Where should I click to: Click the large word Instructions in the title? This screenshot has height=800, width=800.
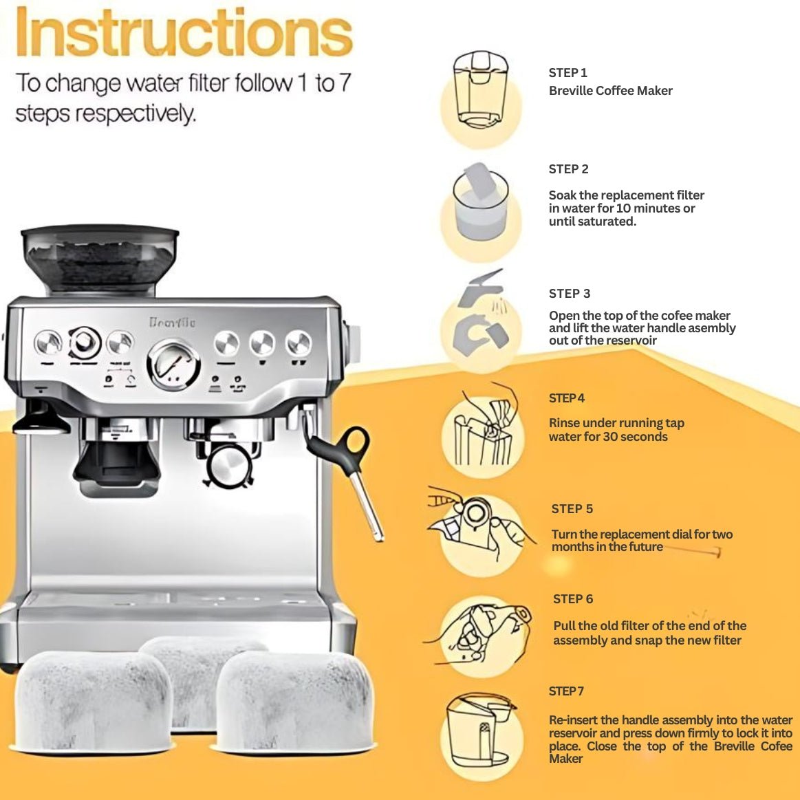tap(184, 32)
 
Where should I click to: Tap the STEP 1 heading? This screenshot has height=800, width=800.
tap(568, 73)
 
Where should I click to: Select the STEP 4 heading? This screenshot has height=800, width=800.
tap(567, 398)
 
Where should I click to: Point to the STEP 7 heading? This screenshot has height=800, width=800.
tap(566, 691)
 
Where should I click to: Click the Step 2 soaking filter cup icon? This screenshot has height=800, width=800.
tap(480, 202)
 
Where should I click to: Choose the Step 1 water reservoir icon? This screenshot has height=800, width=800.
tap(481, 90)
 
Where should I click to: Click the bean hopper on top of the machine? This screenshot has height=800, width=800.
tap(100, 260)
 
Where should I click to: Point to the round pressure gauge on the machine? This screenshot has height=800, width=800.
tap(173, 365)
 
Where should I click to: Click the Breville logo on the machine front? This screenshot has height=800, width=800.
tap(172, 323)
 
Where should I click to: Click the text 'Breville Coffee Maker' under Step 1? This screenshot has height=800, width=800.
tap(611, 91)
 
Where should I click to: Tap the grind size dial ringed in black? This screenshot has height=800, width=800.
tap(85, 343)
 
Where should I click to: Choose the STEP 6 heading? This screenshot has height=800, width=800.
tap(573, 599)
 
